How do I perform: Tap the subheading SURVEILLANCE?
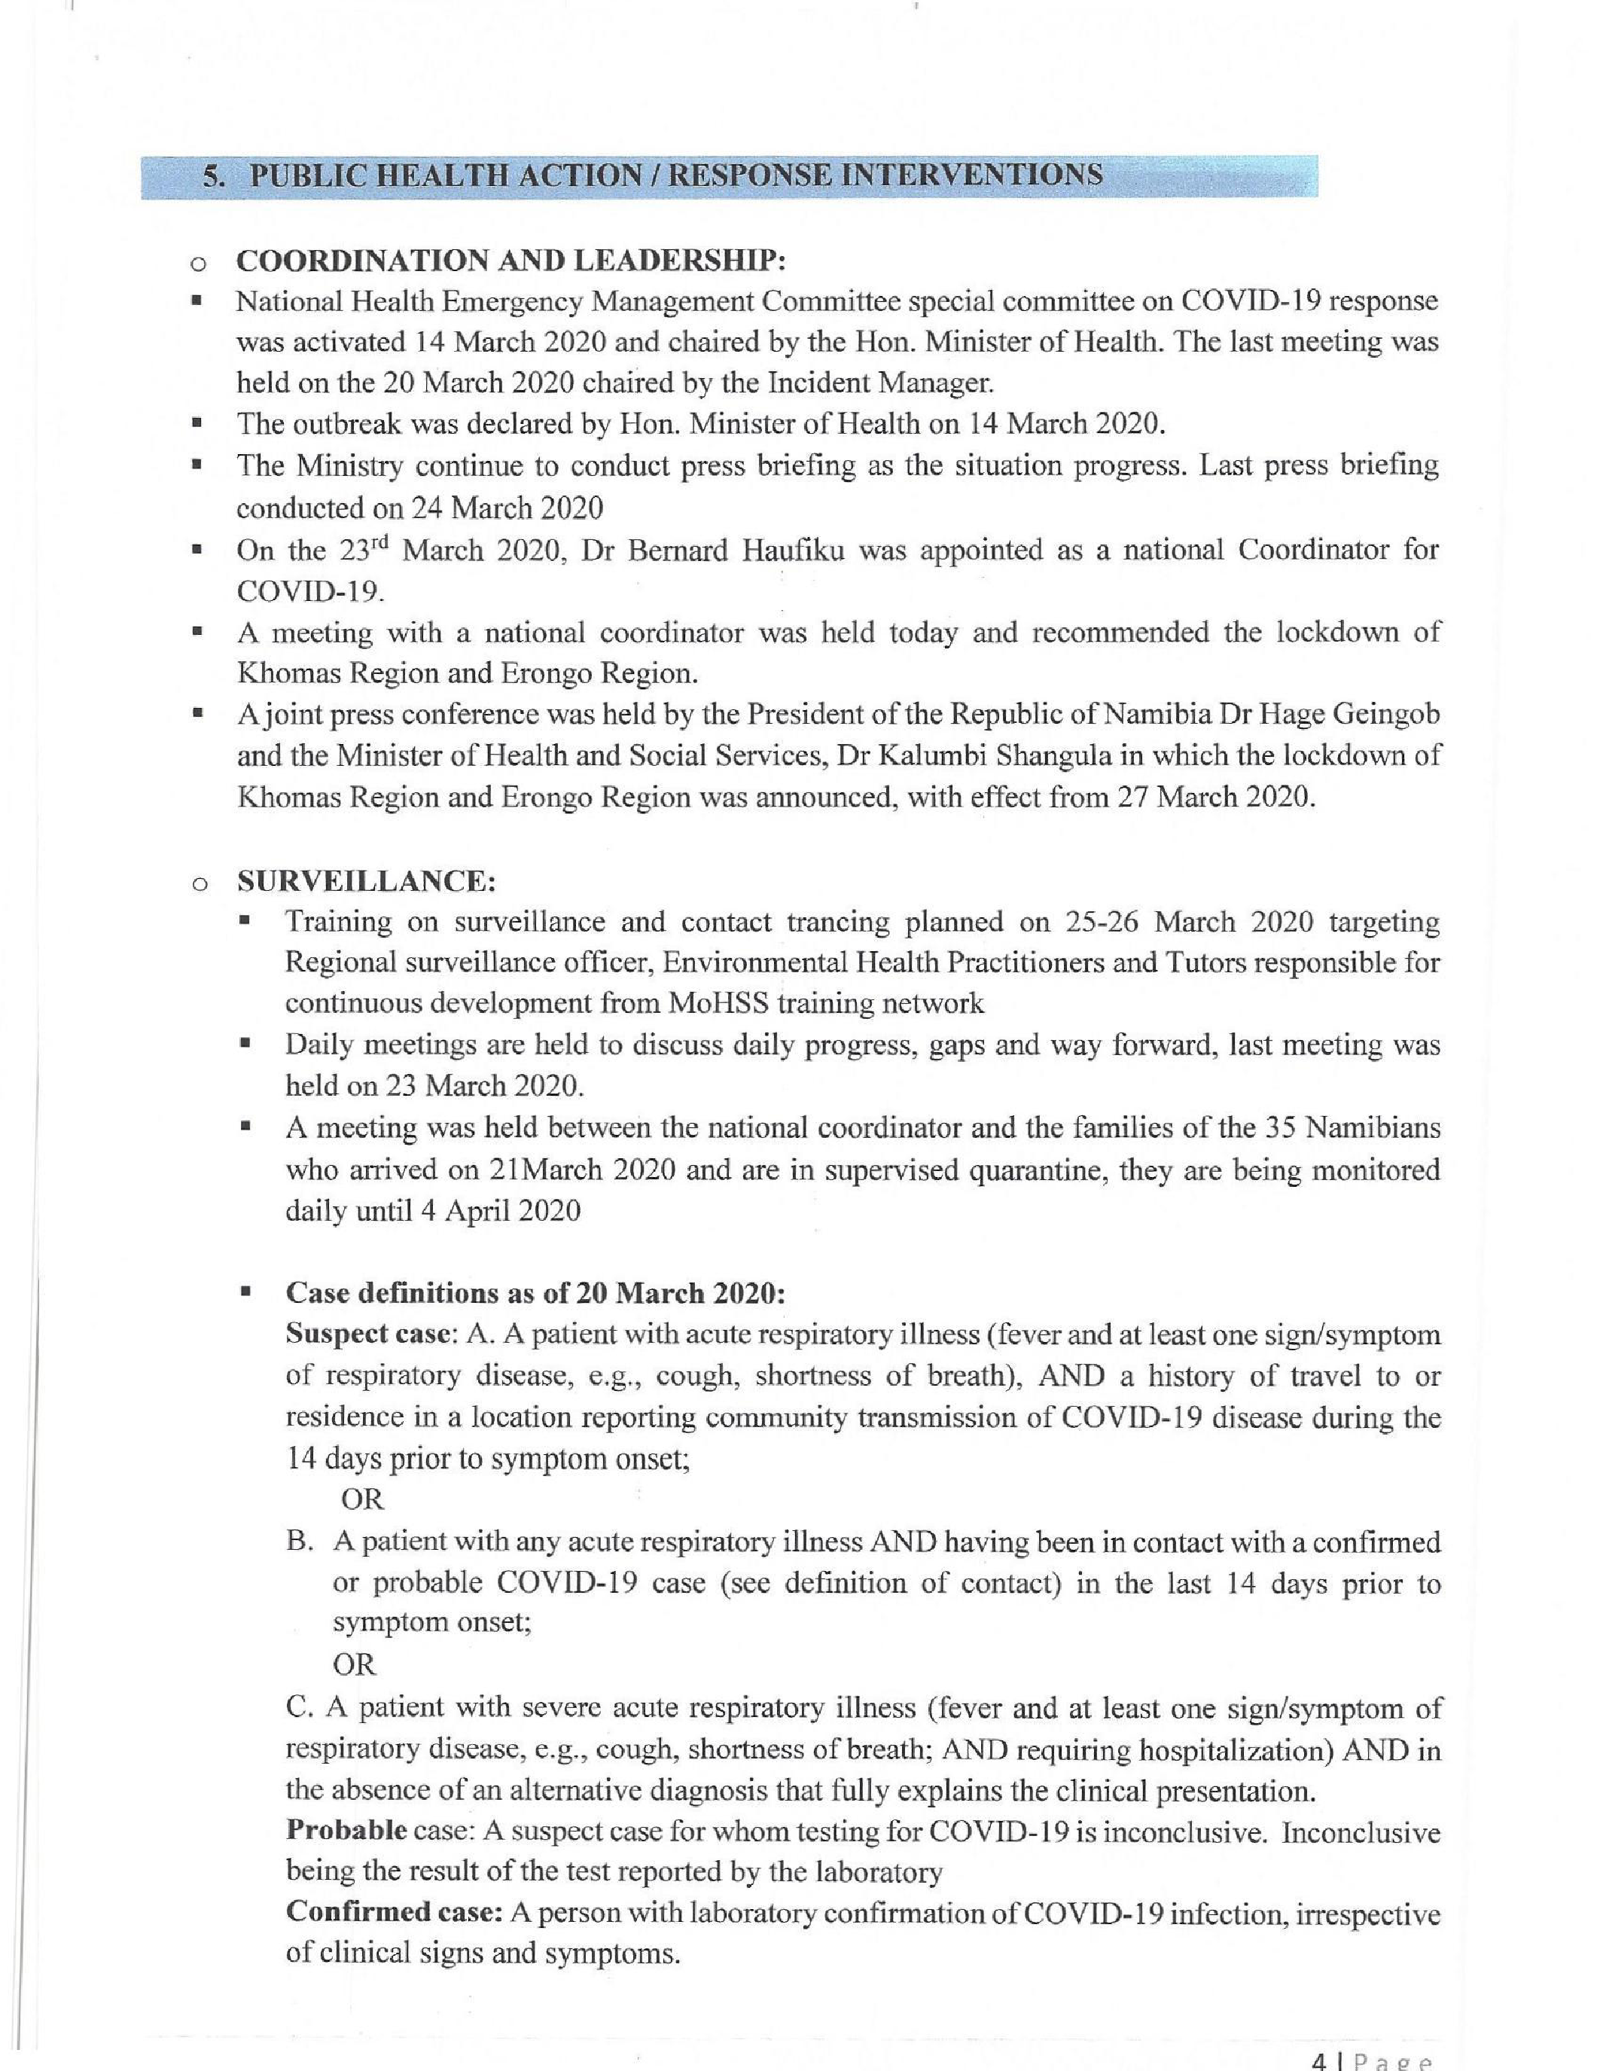366,881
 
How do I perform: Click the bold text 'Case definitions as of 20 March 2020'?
535,1293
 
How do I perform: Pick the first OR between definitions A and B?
362,1499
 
